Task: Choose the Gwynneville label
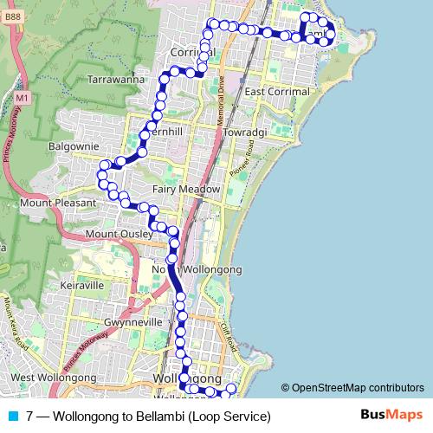tap(133, 322)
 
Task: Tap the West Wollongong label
tap(54, 378)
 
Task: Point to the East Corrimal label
tap(277, 92)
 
